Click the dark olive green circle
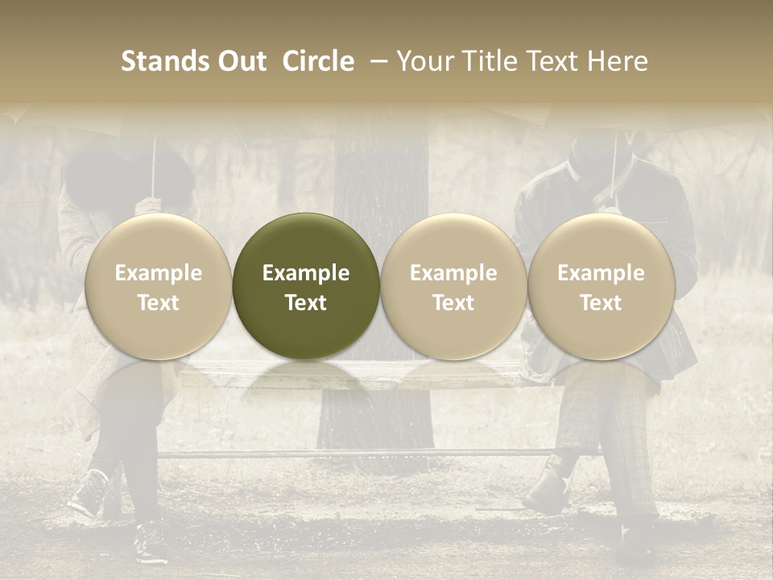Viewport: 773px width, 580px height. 306,286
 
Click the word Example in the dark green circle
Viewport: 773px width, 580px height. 306,273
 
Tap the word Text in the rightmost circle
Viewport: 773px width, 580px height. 601,303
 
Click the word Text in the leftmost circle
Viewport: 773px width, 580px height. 159,303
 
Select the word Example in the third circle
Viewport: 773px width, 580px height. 453,273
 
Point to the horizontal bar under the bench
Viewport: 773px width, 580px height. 362,454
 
